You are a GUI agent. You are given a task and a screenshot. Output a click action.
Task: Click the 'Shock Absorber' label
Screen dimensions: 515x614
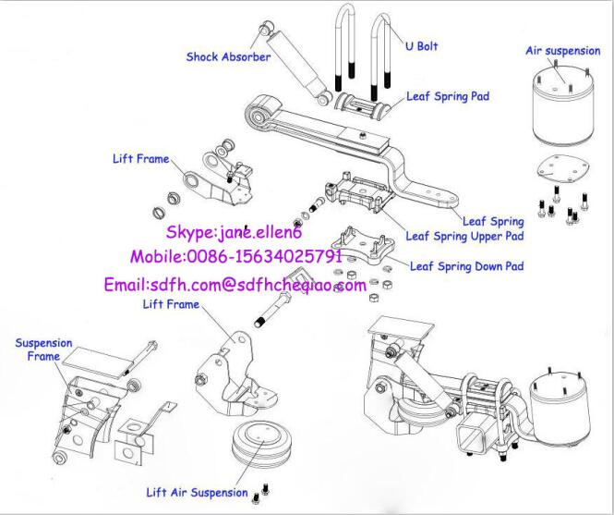point(228,57)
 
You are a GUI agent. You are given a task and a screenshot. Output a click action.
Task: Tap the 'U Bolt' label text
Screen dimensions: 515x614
point(421,47)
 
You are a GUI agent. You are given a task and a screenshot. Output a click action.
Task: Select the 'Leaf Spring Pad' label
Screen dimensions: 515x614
point(448,96)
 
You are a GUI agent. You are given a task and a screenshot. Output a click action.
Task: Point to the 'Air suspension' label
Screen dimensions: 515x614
point(562,51)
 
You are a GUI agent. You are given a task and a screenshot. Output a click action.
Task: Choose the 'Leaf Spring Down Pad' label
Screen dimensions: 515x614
point(467,266)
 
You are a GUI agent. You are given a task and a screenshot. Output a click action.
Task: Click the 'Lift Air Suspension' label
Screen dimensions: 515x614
point(197,493)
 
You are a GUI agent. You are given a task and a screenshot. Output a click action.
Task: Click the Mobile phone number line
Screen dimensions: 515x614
point(236,256)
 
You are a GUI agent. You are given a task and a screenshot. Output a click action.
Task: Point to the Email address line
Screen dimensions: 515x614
point(235,286)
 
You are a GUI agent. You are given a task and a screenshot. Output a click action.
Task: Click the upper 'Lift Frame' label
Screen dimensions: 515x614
point(140,159)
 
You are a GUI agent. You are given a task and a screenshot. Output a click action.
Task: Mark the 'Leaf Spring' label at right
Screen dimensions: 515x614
point(493,221)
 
